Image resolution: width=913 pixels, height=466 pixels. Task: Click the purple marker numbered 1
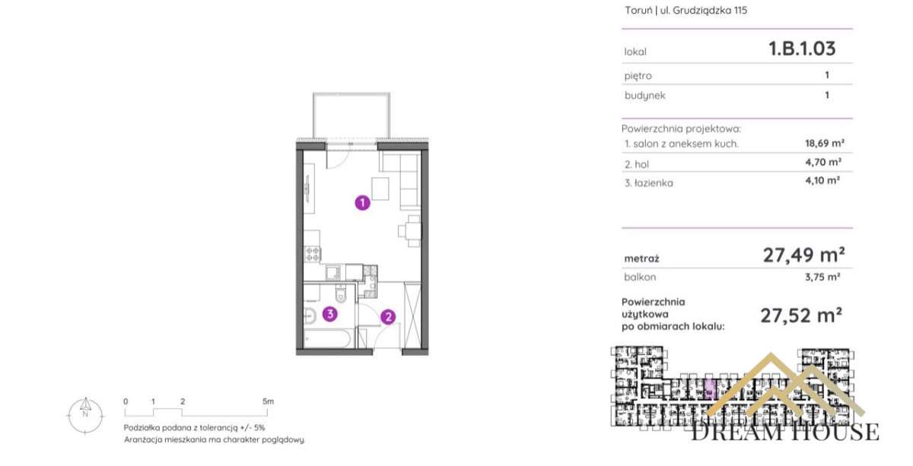pos(362,202)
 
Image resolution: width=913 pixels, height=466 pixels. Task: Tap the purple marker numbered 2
pos(388,316)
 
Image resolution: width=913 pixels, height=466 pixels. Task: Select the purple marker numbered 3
pos(329,314)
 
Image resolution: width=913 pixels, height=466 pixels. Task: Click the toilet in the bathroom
pos(341,293)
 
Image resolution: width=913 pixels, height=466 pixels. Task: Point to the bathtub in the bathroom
pos(327,339)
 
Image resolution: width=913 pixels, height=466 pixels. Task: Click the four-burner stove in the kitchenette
pos(313,254)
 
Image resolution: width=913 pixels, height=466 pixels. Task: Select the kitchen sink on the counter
pos(333,272)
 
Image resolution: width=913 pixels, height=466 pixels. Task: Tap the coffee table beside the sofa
pos(380,189)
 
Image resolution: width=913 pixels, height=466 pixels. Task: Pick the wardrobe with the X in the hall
pos(412,315)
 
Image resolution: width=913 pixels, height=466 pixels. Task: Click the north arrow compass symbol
pos(85,414)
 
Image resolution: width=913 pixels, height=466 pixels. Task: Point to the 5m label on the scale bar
pos(268,401)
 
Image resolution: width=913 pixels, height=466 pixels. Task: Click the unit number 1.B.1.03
pos(802,49)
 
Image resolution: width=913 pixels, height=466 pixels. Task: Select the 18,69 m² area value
pos(825,144)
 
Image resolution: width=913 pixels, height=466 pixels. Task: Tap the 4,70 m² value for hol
pos(823,162)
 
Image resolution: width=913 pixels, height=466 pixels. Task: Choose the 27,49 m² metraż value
pos(803,255)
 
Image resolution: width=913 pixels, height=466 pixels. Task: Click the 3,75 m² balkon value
pos(822,277)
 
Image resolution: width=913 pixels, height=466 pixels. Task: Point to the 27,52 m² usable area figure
pos(801,315)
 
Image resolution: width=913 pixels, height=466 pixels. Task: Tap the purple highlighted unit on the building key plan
pos(710,389)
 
